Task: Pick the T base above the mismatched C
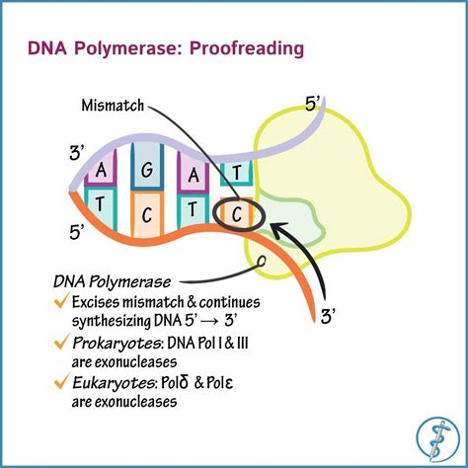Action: (237, 174)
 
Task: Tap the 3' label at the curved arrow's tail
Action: (331, 317)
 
